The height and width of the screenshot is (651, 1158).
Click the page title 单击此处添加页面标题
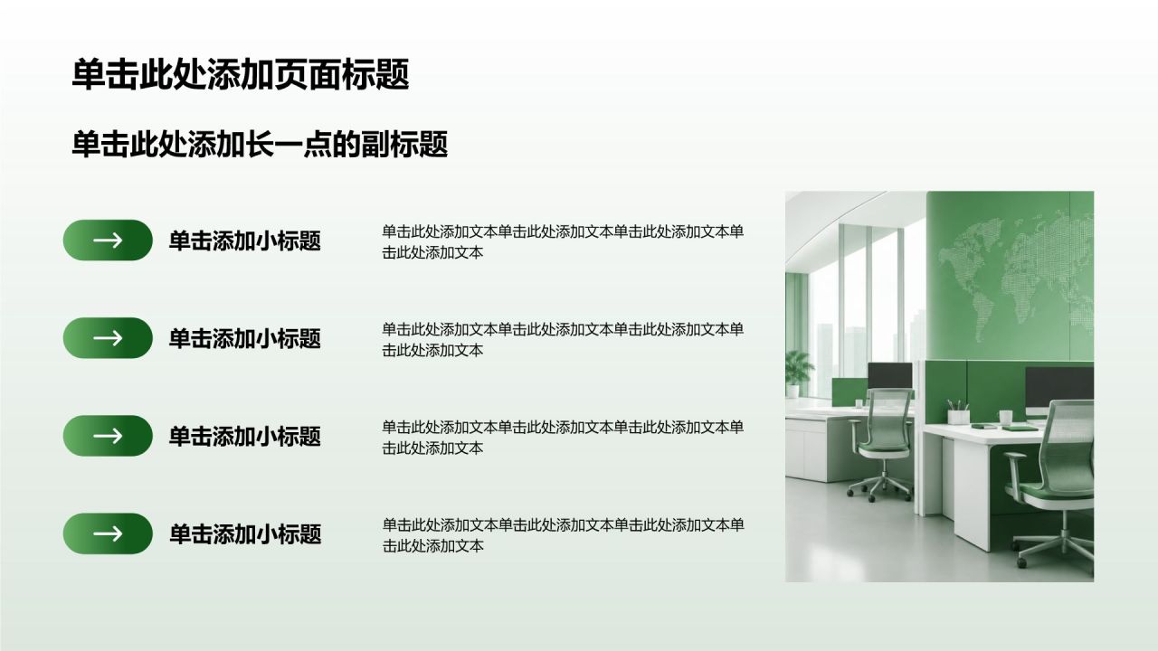(x=241, y=75)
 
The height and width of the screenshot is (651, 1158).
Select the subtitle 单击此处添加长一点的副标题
(x=260, y=144)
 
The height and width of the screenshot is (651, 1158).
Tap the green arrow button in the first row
(x=108, y=241)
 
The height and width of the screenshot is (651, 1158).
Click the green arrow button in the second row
(x=108, y=338)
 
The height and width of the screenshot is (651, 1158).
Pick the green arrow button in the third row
(x=108, y=436)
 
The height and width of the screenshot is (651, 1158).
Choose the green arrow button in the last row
(x=108, y=533)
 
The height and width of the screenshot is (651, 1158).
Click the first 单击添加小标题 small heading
(x=245, y=241)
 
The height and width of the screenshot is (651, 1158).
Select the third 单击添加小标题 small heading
(x=245, y=436)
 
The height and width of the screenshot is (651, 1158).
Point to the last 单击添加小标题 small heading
(x=245, y=534)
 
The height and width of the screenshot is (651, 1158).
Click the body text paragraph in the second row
(x=563, y=339)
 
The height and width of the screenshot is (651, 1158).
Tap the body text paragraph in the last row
(x=563, y=535)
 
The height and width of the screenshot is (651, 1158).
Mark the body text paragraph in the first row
(x=563, y=241)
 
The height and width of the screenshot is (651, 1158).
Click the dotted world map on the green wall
(x=1016, y=279)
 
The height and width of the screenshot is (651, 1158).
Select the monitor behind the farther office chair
(x=889, y=376)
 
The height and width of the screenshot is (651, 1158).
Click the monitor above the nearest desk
(x=1059, y=389)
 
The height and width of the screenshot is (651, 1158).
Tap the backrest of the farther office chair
(x=887, y=419)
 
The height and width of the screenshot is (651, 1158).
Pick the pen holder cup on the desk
(x=958, y=413)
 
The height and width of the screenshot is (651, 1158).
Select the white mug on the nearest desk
(x=1005, y=418)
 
